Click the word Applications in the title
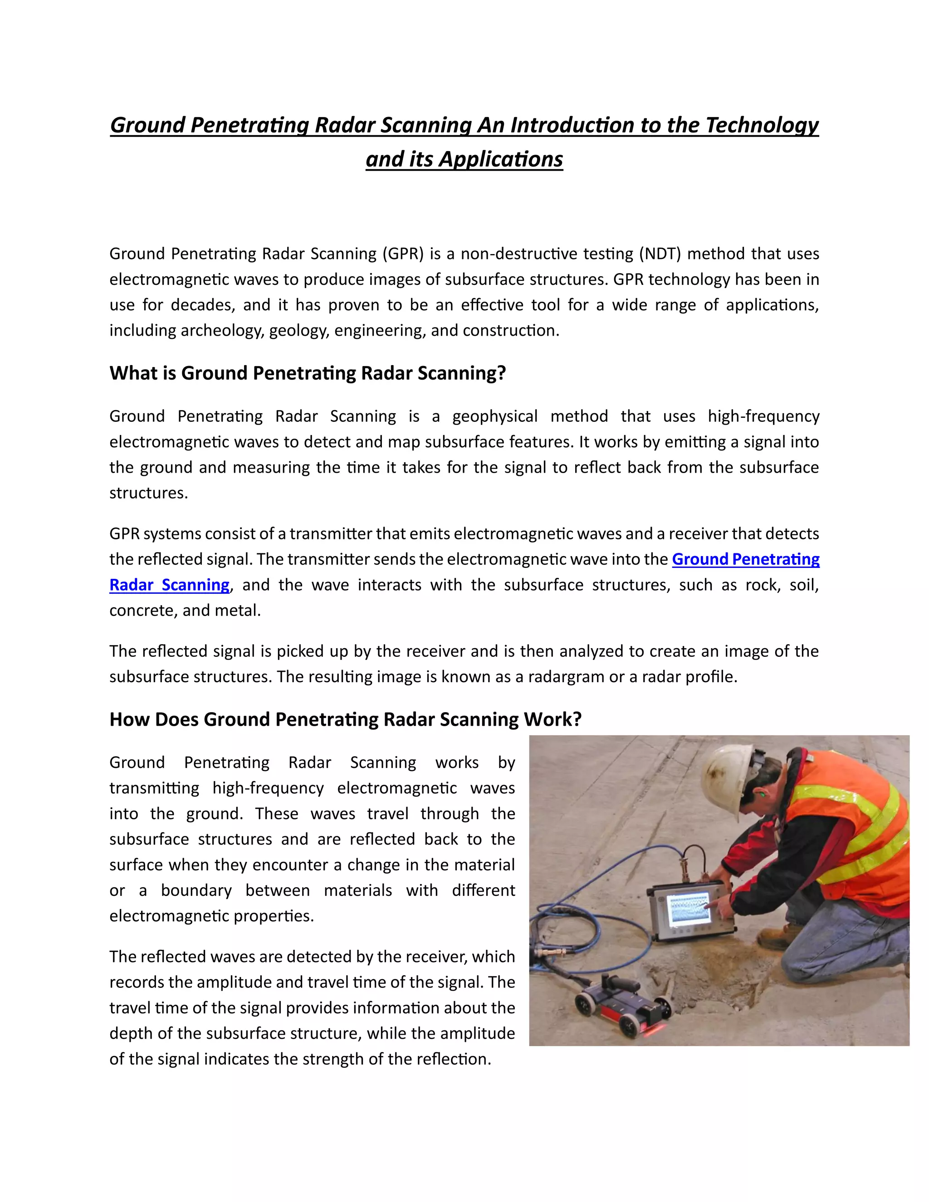coord(500,160)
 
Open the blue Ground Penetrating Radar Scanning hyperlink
coord(745,559)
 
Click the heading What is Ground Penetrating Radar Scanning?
coord(307,373)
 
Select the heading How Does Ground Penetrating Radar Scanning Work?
coord(345,719)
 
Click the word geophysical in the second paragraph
coord(494,416)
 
